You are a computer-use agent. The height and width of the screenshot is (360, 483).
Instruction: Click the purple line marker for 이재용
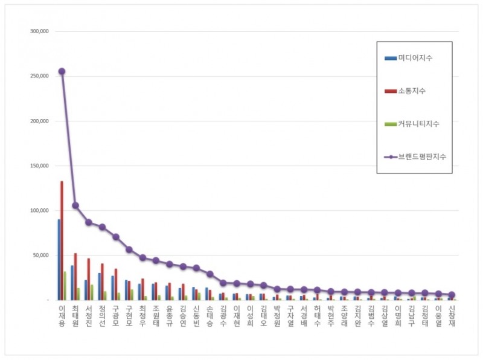[x=62, y=71]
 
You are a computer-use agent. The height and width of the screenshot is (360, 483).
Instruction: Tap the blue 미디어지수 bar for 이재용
[x=59, y=260]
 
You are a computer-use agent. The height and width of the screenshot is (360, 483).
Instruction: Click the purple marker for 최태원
[x=75, y=205]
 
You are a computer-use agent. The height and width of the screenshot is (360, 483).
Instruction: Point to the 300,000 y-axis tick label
[x=39, y=31]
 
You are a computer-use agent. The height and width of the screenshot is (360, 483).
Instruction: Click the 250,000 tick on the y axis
[x=39, y=76]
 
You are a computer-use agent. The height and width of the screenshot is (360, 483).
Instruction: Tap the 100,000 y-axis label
[x=39, y=210]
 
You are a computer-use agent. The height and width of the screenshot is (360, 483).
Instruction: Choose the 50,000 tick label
[x=41, y=255]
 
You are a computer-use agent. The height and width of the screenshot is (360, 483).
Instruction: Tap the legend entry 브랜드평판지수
[x=421, y=156]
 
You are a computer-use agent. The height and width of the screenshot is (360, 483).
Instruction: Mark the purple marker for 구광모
[x=115, y=237]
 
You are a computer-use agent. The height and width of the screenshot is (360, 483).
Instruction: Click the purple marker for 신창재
[x=452, y=295]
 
